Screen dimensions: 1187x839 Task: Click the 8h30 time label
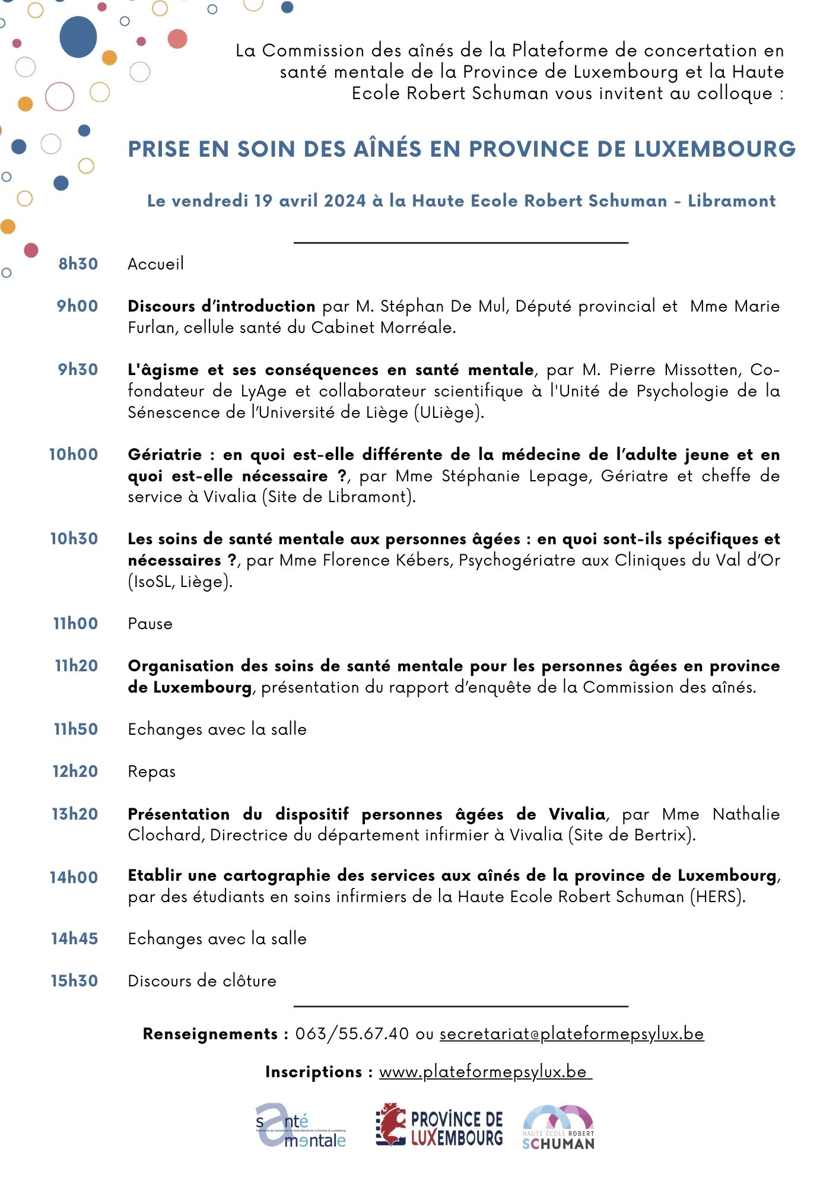point(78,264)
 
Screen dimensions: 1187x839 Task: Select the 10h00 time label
point(74,455)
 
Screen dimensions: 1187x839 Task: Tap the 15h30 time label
point(74,981)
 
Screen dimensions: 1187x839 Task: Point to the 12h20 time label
point(75,772)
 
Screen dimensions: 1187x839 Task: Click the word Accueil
point(155,264)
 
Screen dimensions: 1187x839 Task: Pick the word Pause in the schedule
point(150,624)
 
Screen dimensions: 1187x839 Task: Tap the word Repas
point(152,772)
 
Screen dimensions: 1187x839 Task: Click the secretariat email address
point(571,1034)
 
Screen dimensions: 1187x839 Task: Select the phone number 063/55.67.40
point(352,1034)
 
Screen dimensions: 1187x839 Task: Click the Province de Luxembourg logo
point(439,1126)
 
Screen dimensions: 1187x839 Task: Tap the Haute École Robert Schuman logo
point(558,1127)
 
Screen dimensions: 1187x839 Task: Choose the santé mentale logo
point(300,1126)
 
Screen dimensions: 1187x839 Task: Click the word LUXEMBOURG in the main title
point(714,149)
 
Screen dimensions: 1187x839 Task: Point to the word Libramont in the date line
point(732,201)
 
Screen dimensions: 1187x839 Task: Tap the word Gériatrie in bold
point(165,455)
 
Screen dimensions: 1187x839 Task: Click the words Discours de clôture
point(202,981)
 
